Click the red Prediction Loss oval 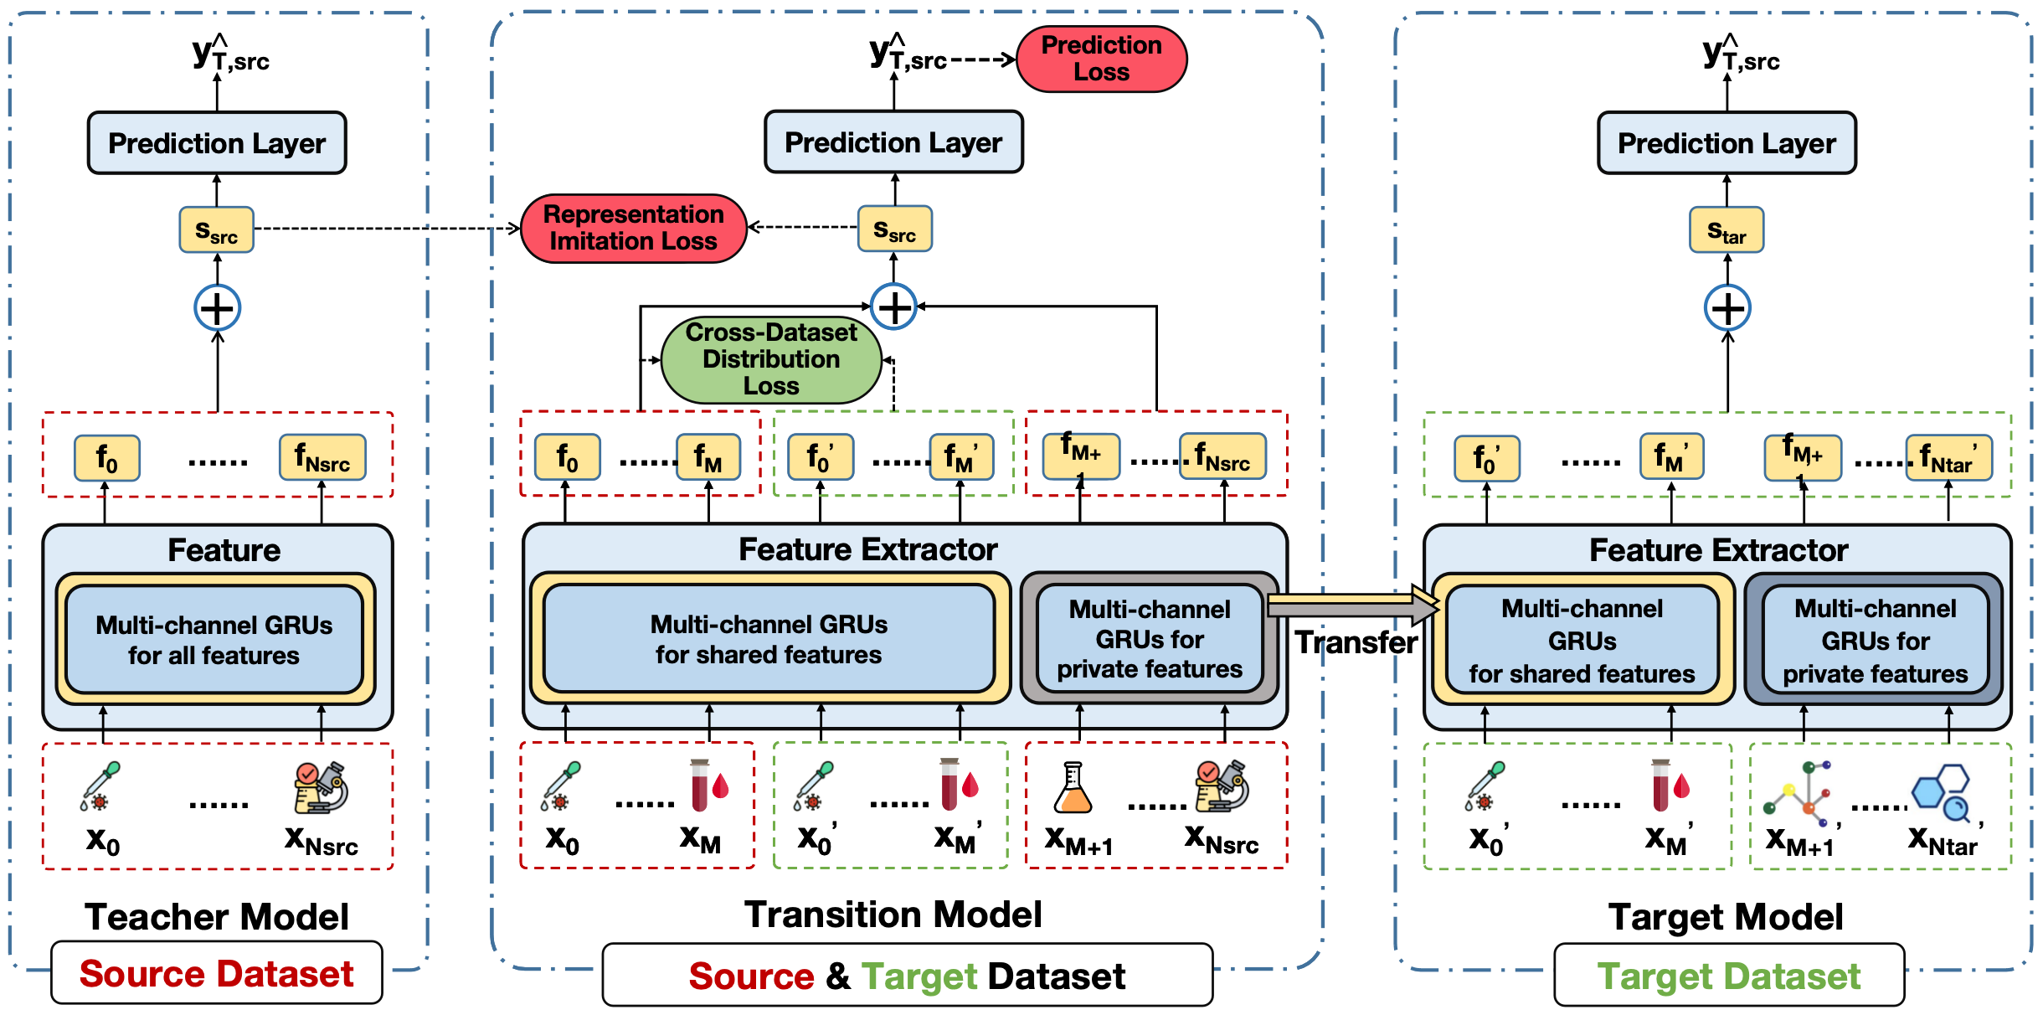click(x=1101, y=59)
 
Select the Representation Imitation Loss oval click(x=634, y=228)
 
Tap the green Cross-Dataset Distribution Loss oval click(x=771, y=359)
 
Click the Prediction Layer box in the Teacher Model click(x=217, y=143)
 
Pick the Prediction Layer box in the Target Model click(x=1727, y=143)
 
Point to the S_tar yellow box click(x=1727, y=230)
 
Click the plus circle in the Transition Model click(x=894, y=307)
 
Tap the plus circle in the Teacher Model click(x=218, y=308)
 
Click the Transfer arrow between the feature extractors click(x=1353, y=605)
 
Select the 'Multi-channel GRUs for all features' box click(x=214, y=640)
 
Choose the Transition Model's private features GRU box click(x=1150, y=638)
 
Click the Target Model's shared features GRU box click(x=1582, y=640)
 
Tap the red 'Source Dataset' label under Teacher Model click(x=217, y=973)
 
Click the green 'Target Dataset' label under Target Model click(x=1729, y=976)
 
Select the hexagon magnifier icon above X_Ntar click(x=1941, y=791)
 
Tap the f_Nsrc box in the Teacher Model click(x=322, y=457)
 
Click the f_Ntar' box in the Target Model click(x=1948, y=458)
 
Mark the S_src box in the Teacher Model click(x=217, y=229)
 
